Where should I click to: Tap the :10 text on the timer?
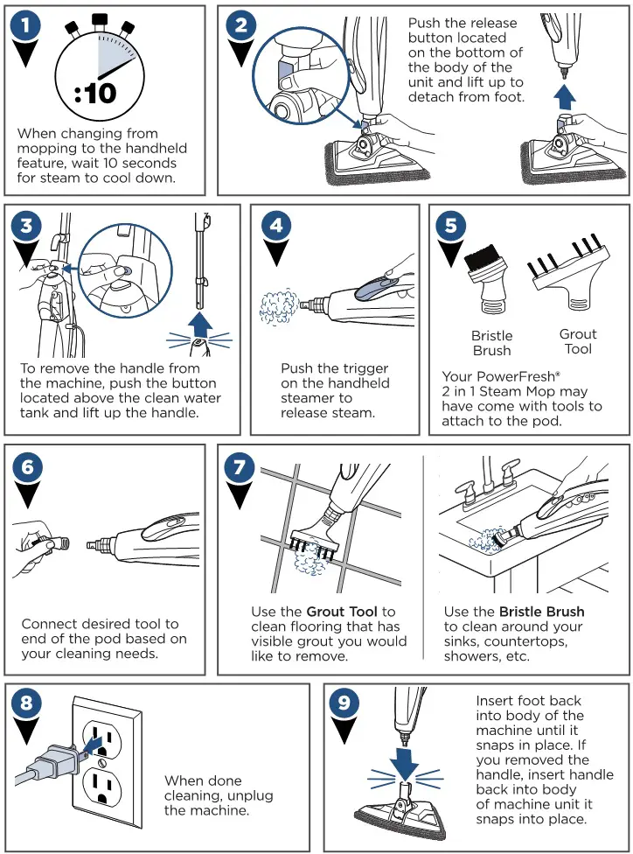(x=94, y=91)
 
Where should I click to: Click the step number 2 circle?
(x=240, y=26)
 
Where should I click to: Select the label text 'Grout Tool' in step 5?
(x=577, y=341)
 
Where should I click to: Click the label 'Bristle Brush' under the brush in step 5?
(x=491, y=343)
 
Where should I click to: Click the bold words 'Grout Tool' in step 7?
(x=342, y=611)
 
